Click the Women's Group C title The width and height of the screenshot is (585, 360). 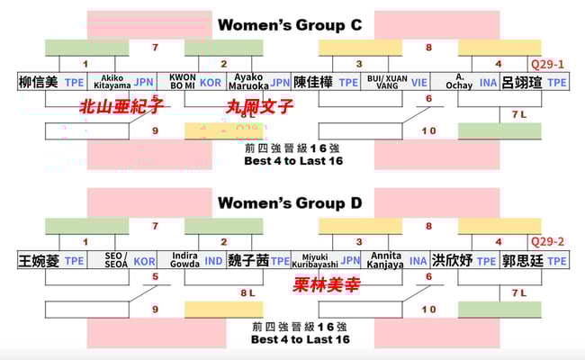click(290, 25)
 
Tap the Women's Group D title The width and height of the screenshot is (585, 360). click(290, 203)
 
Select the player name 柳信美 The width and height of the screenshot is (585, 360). click(38, 83)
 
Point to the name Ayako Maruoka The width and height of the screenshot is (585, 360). click(246, 83)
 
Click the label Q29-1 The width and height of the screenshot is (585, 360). click(547, 65)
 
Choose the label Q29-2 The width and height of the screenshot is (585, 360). click(547, 242)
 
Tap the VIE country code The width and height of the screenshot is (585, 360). click(419, 83)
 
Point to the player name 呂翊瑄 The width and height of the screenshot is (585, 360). click(522, 83)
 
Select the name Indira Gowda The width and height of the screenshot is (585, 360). click(184, 261)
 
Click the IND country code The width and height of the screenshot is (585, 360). click(212, 261)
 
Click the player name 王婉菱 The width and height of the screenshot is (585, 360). click(38, 261)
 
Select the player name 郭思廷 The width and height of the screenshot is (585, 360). click(522, 261)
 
